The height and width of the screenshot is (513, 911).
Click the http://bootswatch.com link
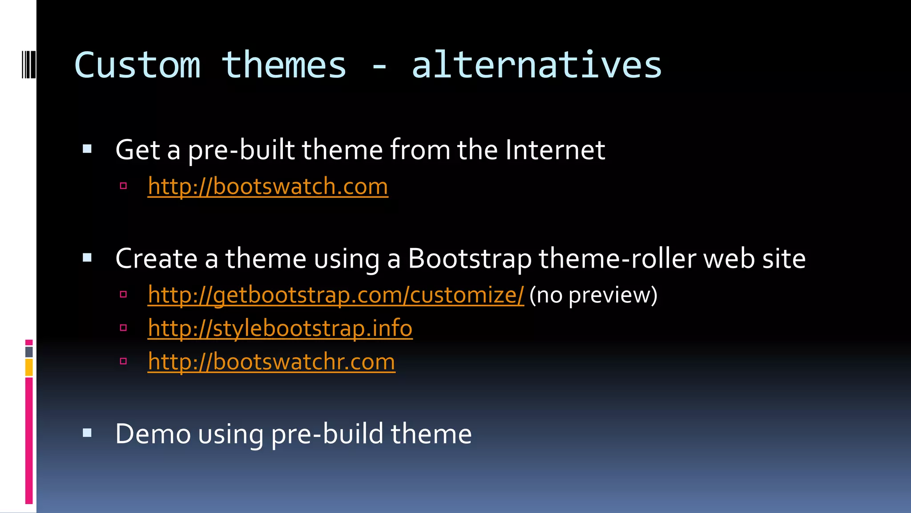point(268,186)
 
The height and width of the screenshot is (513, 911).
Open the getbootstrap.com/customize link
point(336,295)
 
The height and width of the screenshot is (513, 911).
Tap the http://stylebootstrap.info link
point(280,328)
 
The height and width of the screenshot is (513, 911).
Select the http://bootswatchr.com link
point(271,362)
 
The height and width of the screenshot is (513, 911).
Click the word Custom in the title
point(137,65)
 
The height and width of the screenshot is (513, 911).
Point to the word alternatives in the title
point(536,65)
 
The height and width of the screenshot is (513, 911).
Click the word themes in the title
point(284,65)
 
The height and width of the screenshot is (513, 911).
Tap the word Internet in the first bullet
point(555,150)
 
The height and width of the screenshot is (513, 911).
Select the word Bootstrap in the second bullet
point(469,258)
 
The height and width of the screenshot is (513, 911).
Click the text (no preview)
point(593,295)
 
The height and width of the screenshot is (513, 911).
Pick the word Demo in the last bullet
point(153,434)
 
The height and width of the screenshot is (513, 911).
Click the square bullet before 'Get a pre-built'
point(87,149)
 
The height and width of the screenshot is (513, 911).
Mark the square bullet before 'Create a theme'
point(87,257)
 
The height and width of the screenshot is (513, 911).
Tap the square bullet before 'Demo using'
point(87,433)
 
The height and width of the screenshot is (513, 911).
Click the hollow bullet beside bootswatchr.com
point(124,361)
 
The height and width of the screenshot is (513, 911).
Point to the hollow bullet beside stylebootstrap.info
point(124,328)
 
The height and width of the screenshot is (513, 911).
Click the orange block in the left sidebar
point(29,368)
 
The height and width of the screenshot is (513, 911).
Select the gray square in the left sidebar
point(29,352)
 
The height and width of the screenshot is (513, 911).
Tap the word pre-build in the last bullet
point(327,434)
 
